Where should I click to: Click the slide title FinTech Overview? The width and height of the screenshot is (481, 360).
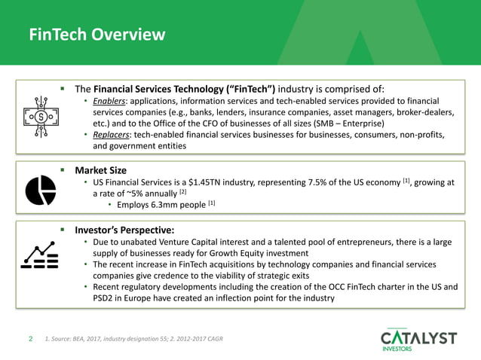[97, 34]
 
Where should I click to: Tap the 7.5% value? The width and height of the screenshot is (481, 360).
[314, 182]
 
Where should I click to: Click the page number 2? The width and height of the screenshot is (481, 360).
[30, 339]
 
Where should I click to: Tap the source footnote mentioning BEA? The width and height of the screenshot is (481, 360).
[133, 339]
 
